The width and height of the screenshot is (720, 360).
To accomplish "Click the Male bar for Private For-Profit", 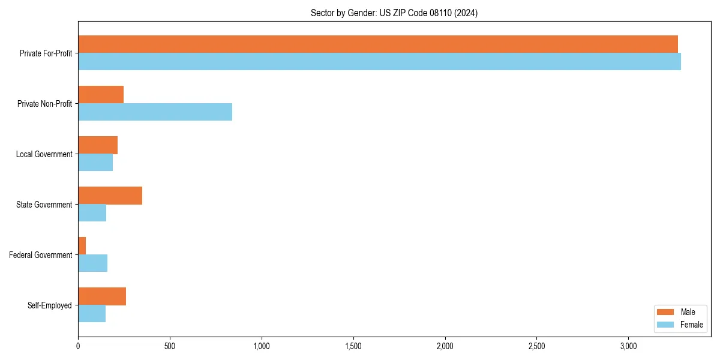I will point(378,44).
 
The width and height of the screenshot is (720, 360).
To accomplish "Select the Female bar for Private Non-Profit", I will point(155,112).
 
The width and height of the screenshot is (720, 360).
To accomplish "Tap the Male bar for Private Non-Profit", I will point(101,95).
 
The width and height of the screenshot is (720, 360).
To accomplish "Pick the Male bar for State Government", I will point(110,196).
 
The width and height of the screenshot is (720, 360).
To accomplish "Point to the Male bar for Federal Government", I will point(82,246).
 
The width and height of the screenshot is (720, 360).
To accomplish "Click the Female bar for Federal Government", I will point(92,263).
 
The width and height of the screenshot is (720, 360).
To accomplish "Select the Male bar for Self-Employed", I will point(102,296).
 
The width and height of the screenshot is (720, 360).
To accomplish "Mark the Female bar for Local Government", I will point(95,163).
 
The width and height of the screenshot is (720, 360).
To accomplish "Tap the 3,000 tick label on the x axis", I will point(628,347).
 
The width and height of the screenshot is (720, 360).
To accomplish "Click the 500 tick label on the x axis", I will point(170,347).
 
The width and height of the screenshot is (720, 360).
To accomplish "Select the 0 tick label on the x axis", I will point(78,347).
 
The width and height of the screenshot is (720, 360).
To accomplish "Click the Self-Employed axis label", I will point(50,305).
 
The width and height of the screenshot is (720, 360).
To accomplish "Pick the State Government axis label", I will point(44,205).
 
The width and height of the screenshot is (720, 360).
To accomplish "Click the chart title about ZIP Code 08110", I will point(394,13).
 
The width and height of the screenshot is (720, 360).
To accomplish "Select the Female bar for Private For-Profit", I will point(379,62).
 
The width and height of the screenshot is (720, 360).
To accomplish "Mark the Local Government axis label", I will point(44,154).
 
